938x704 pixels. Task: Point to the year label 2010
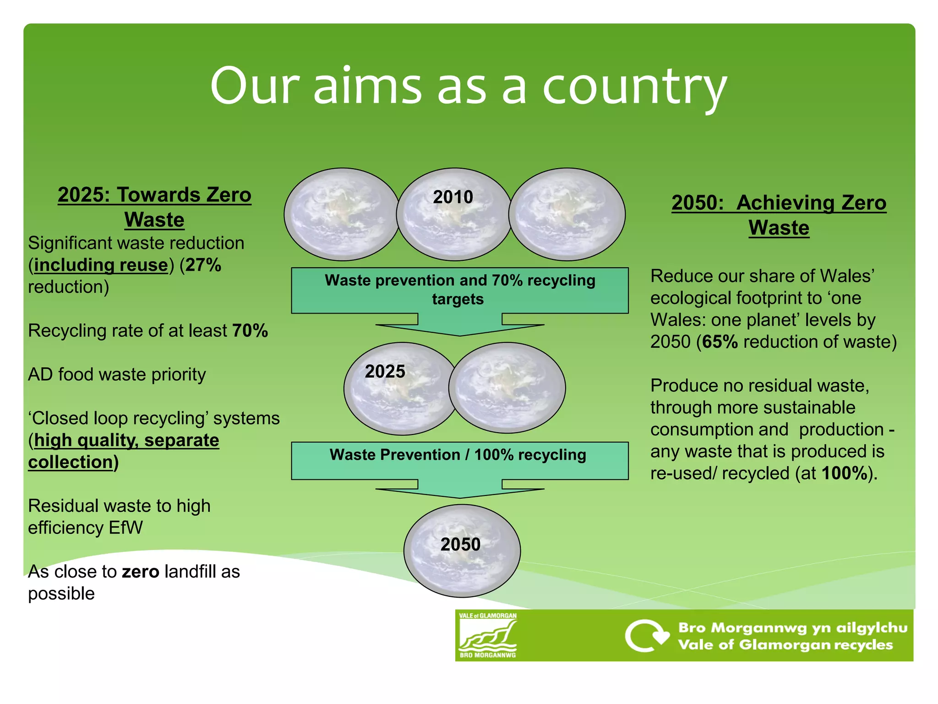(453, 197)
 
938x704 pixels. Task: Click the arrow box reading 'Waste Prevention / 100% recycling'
(459, 461)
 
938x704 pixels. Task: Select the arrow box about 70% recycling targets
(459, 290)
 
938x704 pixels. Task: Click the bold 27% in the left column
(203, 265)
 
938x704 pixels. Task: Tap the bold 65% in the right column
(720, 342)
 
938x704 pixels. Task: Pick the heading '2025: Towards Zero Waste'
(154, 207)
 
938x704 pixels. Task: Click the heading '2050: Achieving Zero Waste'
(779, 215)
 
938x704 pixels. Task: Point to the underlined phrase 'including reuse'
(101, 265)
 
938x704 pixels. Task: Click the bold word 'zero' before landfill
(140, 572)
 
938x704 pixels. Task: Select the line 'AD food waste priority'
(117, 374)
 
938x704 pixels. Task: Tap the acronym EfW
(125, 528)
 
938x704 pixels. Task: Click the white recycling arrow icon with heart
(646, 636)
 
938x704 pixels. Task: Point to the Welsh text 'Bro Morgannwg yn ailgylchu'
(792, 627)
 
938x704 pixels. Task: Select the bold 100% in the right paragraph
(844, 473)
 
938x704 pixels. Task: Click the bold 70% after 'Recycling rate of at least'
(250, 331)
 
